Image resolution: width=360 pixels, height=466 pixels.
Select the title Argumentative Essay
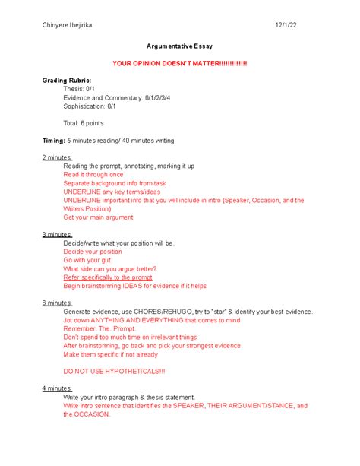(179, 46)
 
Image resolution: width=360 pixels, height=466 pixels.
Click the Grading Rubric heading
(67, 81)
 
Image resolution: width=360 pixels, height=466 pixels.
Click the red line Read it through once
(93, 175)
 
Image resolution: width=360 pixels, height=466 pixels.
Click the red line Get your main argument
(98, 217)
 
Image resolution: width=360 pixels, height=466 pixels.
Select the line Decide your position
(93, 252)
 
